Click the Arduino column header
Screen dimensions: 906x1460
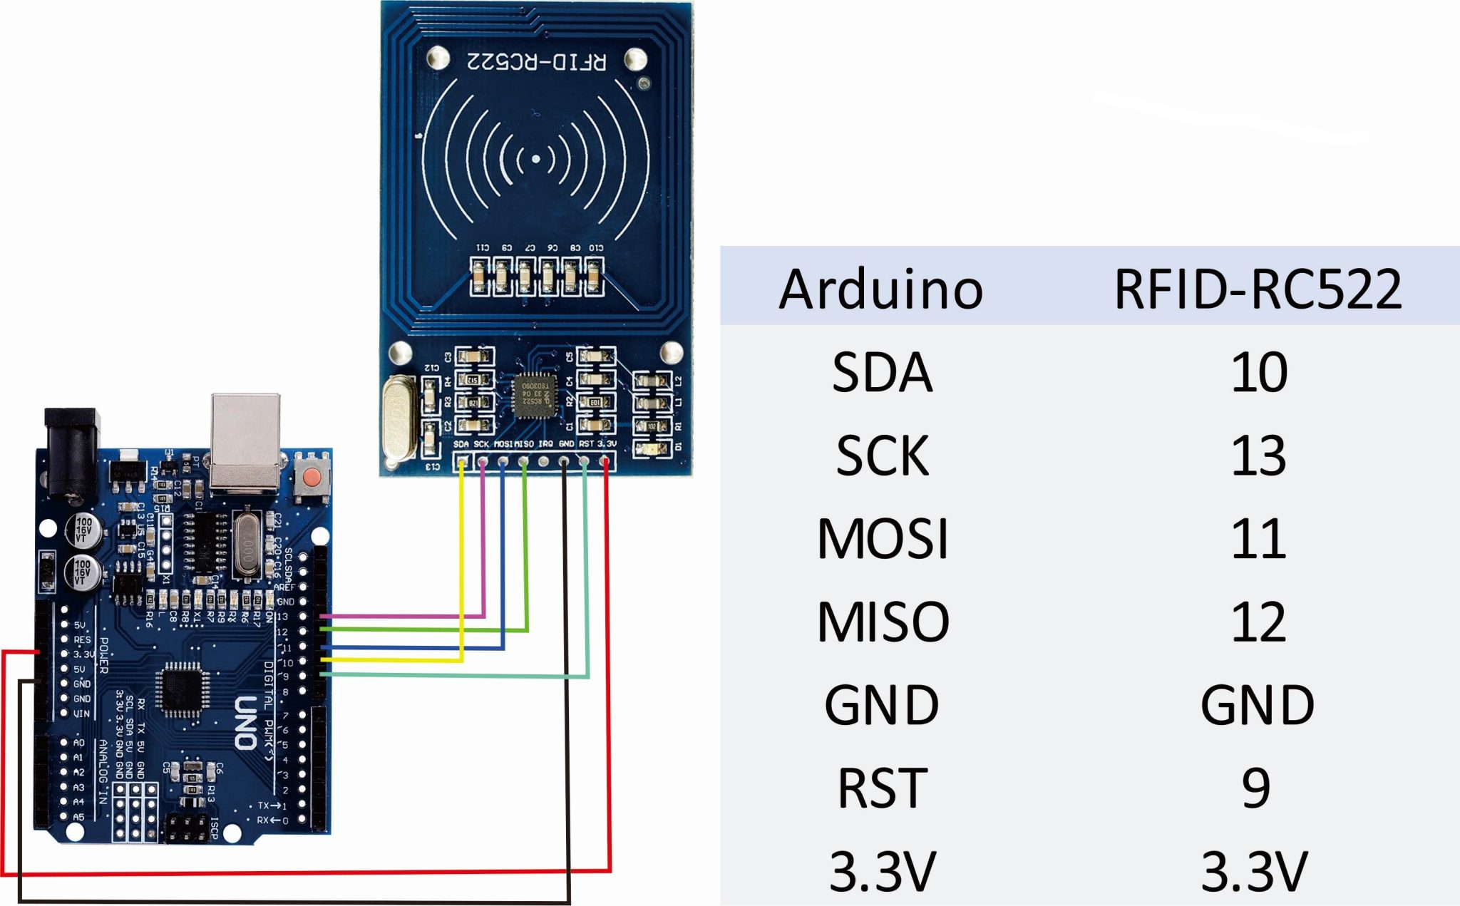[881, 289]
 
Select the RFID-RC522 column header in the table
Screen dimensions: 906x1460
[1258, 289]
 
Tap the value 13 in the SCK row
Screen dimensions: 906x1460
[1258, 455]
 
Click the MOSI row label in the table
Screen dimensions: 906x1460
[883, 539]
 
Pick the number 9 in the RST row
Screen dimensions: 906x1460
[1256, 788]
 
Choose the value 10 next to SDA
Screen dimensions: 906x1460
[1259, 372]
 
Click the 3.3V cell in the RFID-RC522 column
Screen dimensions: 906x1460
[1255, 871]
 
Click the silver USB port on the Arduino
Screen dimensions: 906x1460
[245, 442]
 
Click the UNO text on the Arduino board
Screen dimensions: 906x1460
[246, 723]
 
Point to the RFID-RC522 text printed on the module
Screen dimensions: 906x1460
[536, 62]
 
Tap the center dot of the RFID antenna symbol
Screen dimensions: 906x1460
[536, 160]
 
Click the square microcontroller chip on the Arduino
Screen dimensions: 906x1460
[183, 689]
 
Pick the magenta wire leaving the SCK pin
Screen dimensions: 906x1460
[483, 542]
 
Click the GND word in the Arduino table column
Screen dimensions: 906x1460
[881, 705]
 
